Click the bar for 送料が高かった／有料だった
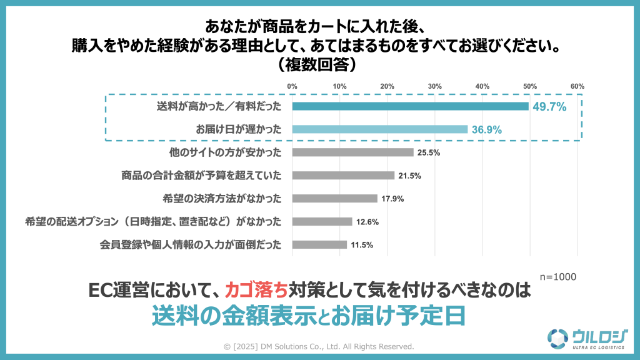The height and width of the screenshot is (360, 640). tap(411, 106)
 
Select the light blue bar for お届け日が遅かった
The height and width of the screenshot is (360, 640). tap(379, 129)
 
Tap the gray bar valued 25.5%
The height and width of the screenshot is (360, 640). tap(352, 152)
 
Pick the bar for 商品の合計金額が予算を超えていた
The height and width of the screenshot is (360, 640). tap(343, 176)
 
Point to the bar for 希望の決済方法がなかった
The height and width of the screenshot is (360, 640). tap(334, 199)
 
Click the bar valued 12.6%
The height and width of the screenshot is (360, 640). tap(322, 221)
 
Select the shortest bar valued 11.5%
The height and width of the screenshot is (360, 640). tap(319, 244)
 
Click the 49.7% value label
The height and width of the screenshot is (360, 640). tap(549, 107)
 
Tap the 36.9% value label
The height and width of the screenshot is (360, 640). tap(487, 129)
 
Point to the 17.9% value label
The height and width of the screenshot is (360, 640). tap(393, 199)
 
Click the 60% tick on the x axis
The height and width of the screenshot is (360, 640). tap(577, 86)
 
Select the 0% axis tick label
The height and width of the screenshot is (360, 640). tap(292, 86)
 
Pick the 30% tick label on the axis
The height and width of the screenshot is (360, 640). tap(434, 86)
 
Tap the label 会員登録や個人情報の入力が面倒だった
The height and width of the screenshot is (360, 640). tap(190, 244)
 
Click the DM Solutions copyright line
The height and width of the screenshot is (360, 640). tap(319, 346)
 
